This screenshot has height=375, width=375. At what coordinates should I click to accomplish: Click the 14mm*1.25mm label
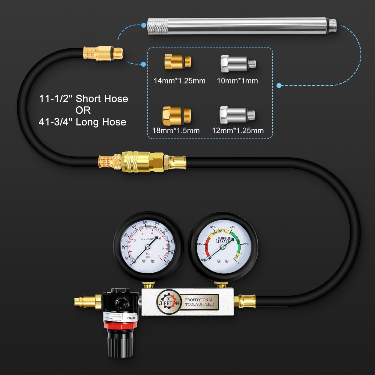pos(179,81)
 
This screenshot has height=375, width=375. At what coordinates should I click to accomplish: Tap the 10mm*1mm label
pos(237,81)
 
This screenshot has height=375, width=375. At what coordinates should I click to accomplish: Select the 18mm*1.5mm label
pos(176,130)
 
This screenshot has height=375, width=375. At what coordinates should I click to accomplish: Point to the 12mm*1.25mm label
pos(238,130)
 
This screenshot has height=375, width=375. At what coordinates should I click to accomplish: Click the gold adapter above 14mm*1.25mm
pos(178,62)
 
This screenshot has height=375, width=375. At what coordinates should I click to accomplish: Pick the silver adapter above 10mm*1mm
pos(238,63)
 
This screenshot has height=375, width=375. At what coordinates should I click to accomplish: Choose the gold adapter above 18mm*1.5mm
pos(176,115)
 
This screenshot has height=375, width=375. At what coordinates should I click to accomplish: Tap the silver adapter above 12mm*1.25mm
pos(237,115)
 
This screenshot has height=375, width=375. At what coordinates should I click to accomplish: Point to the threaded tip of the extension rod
pos(332,26)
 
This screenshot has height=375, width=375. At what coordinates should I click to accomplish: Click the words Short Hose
pos(102,99)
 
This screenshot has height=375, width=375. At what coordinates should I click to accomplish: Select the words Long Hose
pos(101,122)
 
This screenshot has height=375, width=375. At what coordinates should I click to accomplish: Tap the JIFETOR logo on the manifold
pos(168,302)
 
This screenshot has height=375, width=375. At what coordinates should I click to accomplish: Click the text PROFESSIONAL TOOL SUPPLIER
pos(199,302)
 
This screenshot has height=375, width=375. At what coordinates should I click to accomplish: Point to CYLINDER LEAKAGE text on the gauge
pos(223,240)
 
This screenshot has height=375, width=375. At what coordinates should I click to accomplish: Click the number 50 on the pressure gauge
pos(145,222)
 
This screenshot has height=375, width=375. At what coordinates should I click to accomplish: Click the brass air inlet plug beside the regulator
pos(85,301)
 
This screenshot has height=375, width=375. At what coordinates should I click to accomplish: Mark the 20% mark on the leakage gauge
pos(246,244)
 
